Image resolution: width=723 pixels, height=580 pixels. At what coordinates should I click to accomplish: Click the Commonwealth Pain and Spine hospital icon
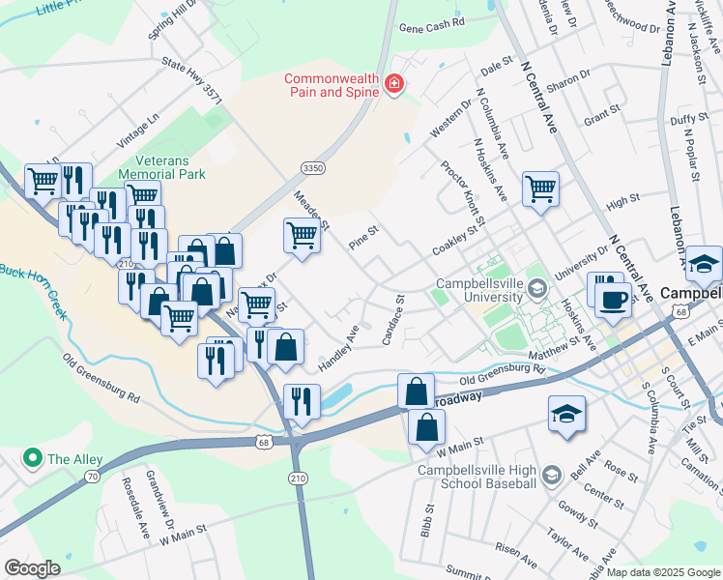(393, 85)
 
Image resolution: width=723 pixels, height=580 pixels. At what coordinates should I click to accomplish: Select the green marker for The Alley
(33, 457)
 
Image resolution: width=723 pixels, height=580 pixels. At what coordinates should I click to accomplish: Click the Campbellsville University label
(492, 291)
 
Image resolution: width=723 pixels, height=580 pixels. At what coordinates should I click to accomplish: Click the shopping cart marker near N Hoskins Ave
(540, 188)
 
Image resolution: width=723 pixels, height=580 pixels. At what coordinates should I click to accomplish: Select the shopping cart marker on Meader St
(302, 235)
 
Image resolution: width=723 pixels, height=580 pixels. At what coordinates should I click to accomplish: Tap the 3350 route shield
(311, 168)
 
